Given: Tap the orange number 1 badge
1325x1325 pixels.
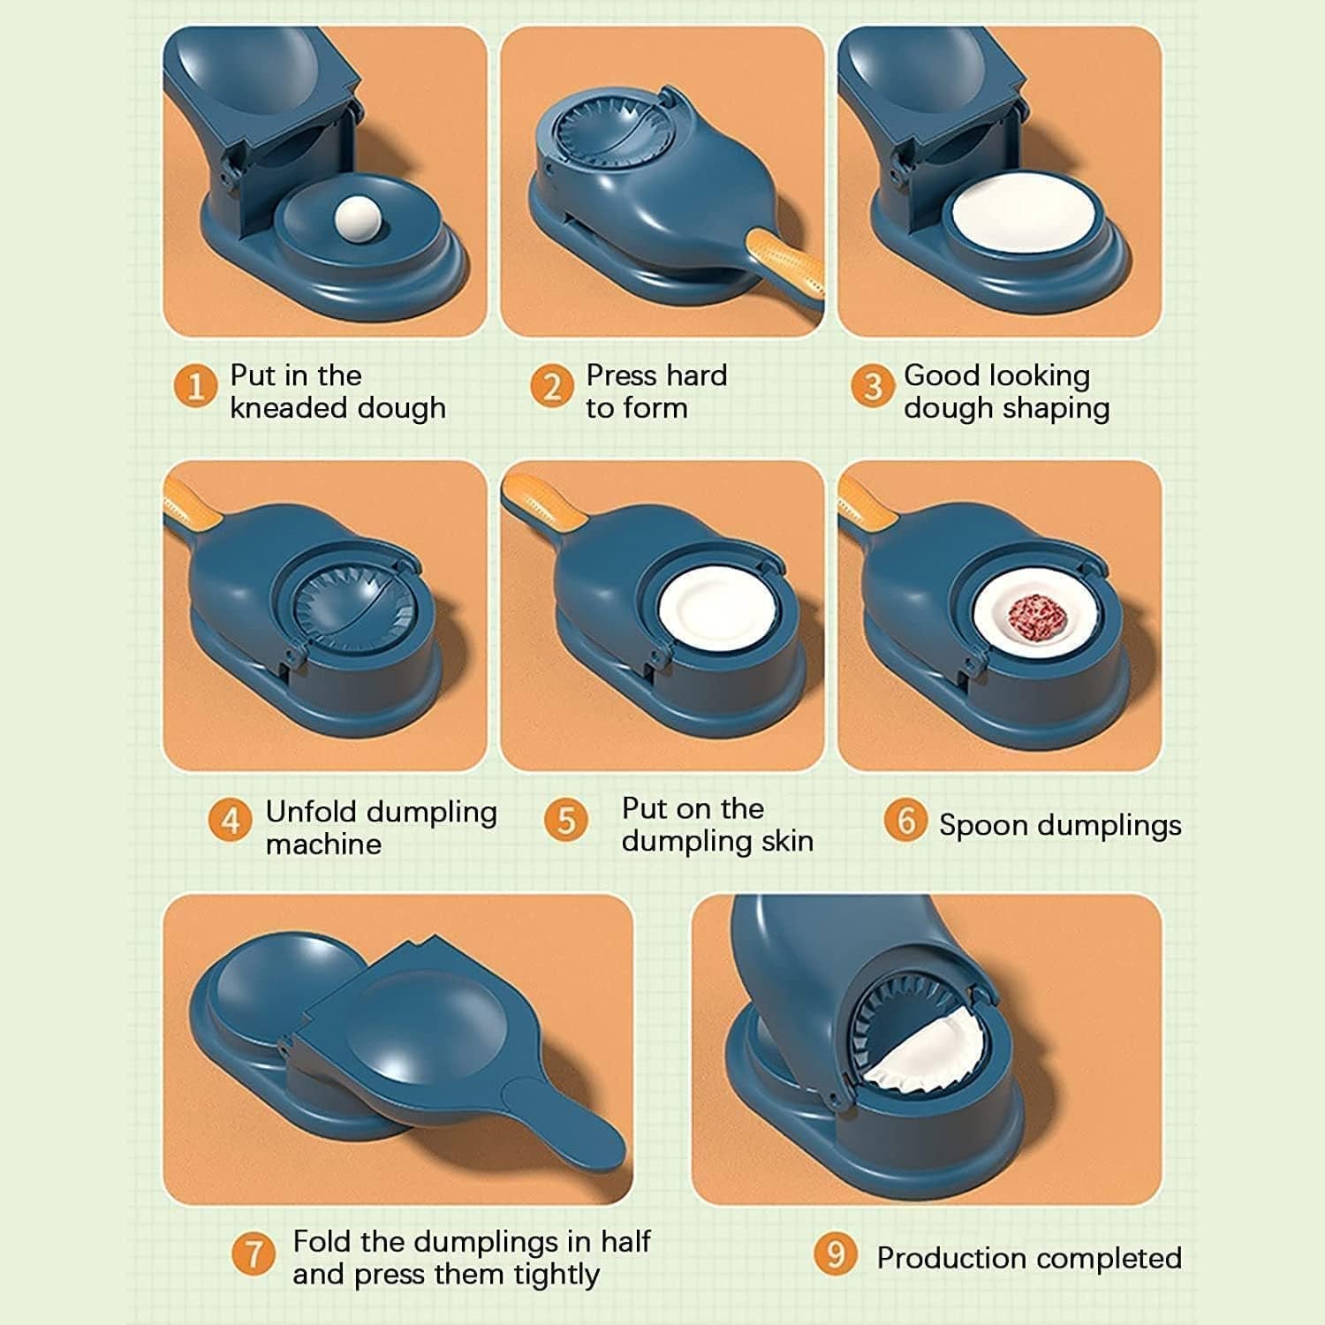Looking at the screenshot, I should tap(195, 387).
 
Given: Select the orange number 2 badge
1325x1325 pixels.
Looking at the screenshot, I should tap(552, 387).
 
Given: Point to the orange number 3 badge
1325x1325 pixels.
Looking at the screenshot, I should tap(872, 387).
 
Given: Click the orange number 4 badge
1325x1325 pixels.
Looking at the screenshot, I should tap(230, 821).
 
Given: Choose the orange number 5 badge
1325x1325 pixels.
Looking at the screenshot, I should tap(565, 821).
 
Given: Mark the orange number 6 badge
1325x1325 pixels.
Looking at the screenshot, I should tap(905, 821).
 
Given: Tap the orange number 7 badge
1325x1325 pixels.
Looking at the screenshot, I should tap(254, 1254).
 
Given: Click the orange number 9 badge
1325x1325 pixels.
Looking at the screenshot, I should tap(835, 1254).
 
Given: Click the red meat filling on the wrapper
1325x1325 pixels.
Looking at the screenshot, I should tap(1034, 613).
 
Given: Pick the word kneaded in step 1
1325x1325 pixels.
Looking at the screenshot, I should tap(284, 408).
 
